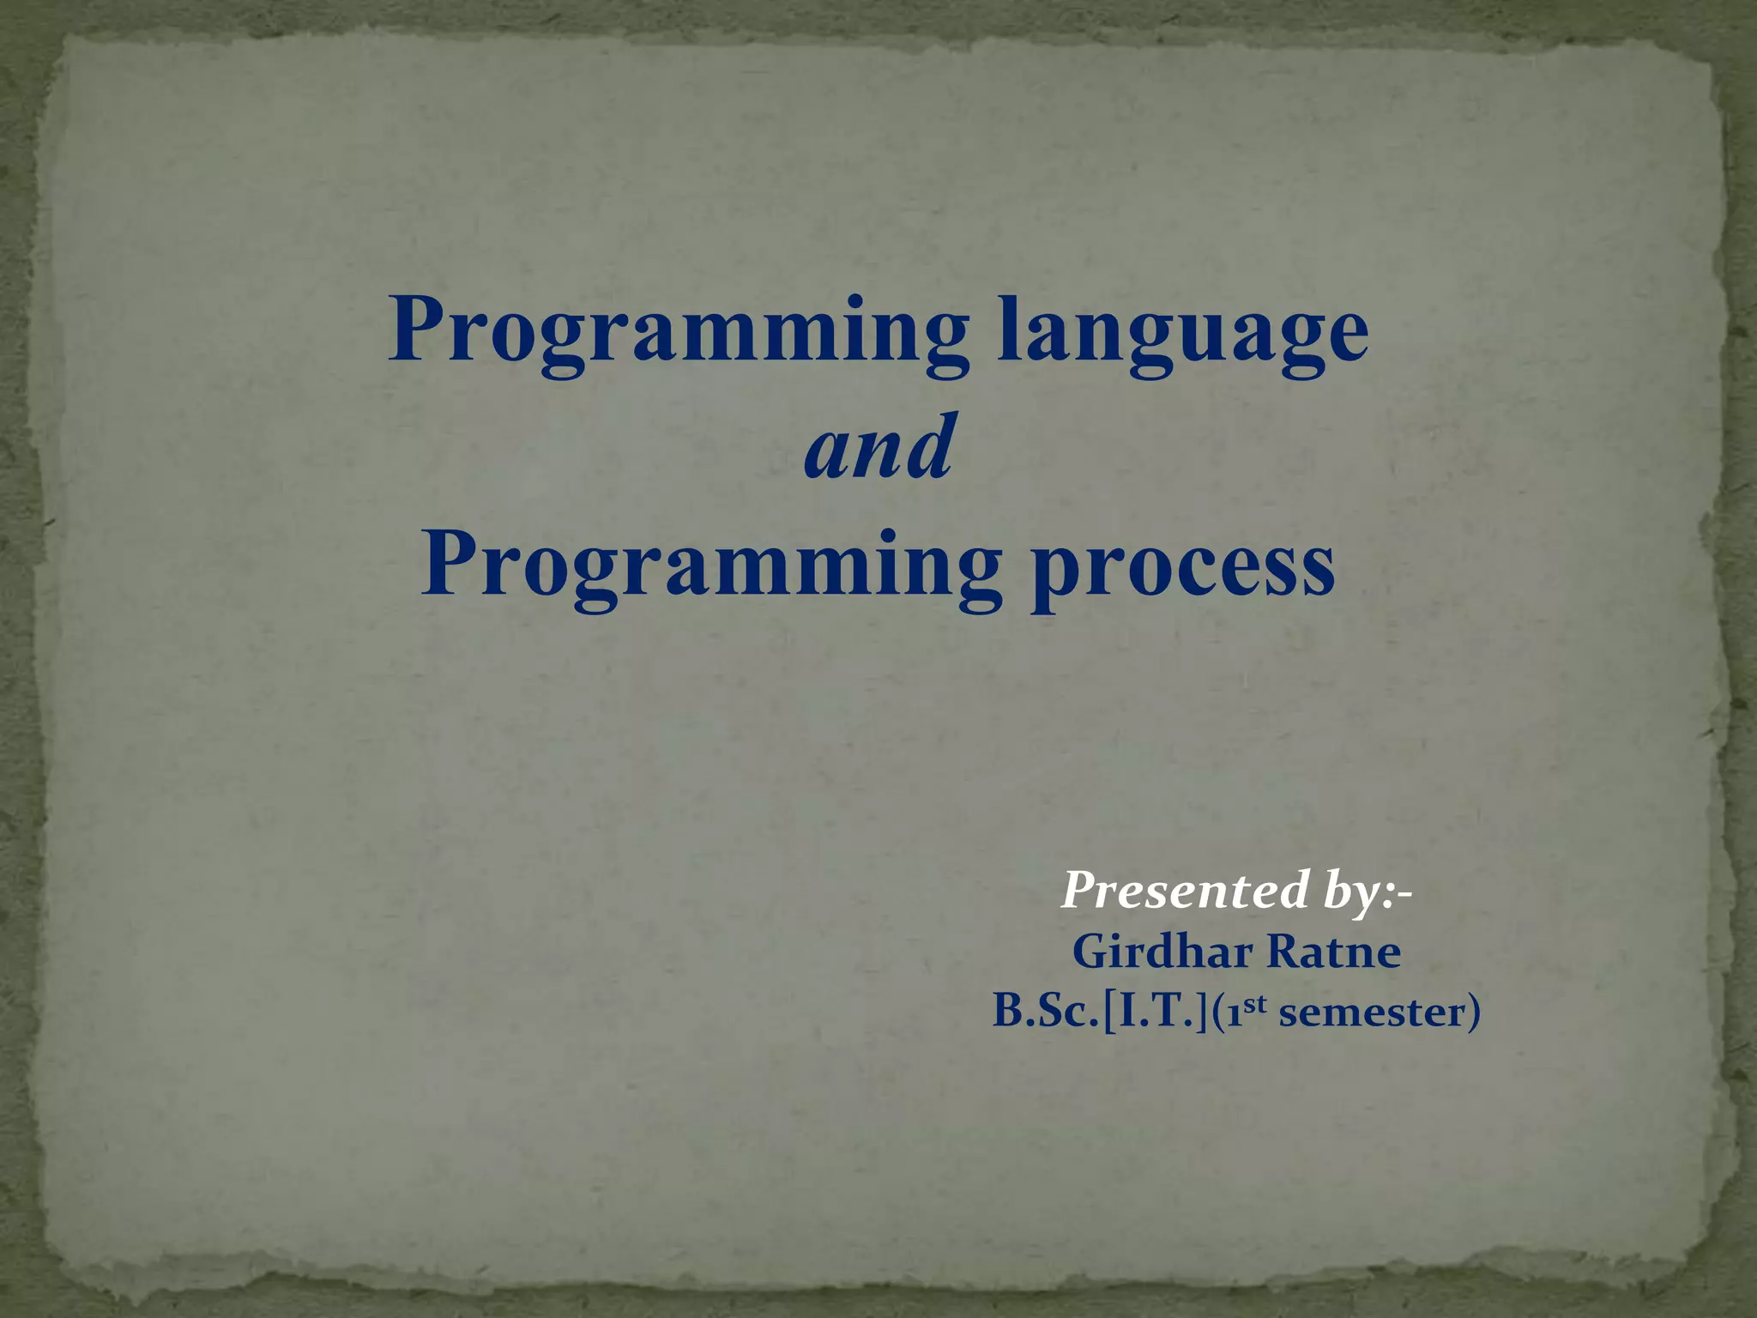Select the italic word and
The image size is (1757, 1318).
[878, 447]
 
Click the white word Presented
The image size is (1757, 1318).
[1184, 890]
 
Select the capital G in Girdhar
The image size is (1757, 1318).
[1091, 952]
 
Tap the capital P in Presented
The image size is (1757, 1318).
[1082, 890]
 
